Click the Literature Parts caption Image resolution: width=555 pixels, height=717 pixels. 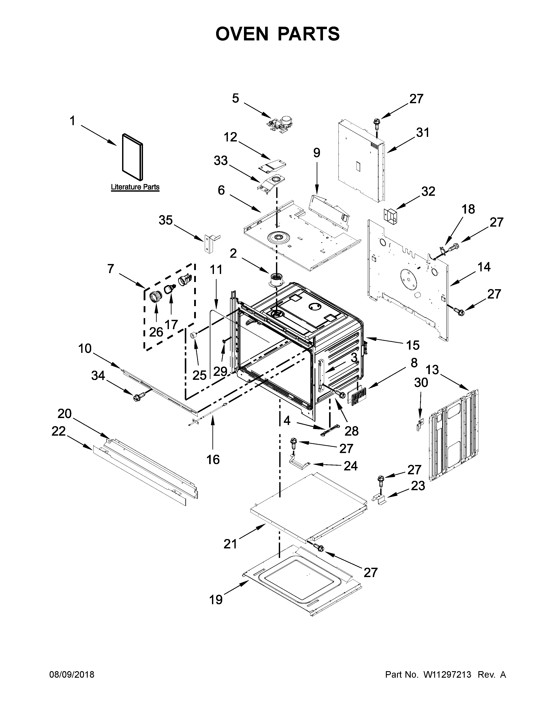(x=135, y=187)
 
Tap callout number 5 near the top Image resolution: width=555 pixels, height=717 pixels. (x=235, y=98)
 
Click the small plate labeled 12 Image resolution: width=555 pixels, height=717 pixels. (x=272, y=166)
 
